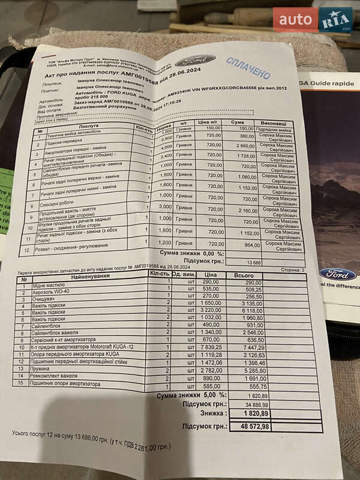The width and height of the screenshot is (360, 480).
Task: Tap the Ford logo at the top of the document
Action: click(x=194, y=60)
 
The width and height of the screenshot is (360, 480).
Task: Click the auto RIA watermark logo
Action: click(x=313, y=19)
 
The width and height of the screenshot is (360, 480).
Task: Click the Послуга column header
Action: click(x=89, y=127)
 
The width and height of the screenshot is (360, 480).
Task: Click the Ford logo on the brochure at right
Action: click(x=337, y=274)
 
